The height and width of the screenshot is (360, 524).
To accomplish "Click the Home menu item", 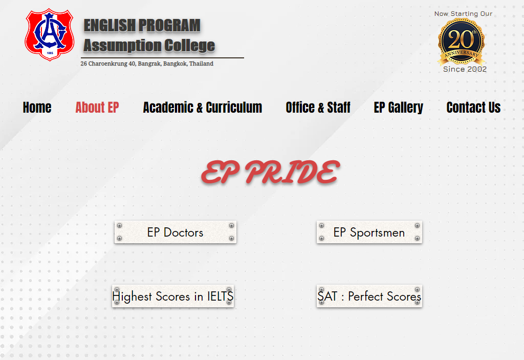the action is coord(37,108).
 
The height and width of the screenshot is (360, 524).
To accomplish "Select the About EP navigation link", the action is coord(97,108).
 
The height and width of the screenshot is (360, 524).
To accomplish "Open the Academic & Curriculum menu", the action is coord(203,108).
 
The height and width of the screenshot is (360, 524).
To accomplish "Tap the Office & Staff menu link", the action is coord(318,108).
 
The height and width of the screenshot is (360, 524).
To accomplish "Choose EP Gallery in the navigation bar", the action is coord(398,108).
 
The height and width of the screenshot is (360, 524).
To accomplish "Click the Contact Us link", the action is coord(473,108).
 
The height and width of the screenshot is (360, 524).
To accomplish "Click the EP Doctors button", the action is coord(176,232).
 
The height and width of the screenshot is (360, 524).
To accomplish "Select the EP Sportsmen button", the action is coord(369,232).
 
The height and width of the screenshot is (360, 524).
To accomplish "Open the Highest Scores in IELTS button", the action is coord(173,296).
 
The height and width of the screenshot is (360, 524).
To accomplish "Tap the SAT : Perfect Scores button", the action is coord(369,296).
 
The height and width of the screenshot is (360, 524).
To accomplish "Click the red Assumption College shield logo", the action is coord(50,35).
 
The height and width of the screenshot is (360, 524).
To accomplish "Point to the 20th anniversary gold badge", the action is coord(461,41).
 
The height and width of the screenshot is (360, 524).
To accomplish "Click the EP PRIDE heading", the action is coord(270,172).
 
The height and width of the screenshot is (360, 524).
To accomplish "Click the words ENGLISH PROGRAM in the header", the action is coord(142,26).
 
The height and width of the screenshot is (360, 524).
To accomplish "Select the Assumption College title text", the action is coord(149,46).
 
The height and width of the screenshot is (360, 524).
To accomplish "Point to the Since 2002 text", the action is coord(465,69).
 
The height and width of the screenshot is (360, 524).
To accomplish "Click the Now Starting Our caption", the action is coord(463,14).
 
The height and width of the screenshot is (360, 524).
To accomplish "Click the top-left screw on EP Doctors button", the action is coord(119,225).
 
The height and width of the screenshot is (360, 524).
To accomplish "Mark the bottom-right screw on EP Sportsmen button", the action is coord(417,238).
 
